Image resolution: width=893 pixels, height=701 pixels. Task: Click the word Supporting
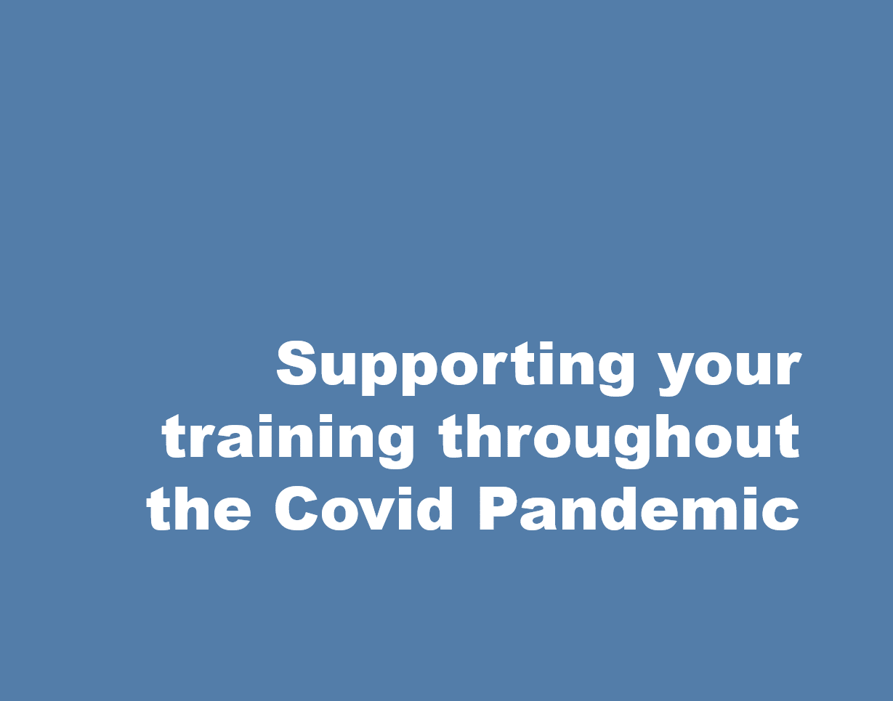click(x=456, y=368)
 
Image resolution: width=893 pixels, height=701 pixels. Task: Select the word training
click(x=287, y=441)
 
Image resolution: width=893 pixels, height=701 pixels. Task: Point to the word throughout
click(x=619, y=441)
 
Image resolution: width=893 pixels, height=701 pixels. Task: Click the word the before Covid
click(x=198, y=508)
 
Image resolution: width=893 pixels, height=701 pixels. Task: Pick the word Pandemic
click(x=639, y=508)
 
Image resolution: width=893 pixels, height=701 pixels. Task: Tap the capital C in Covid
click(x=296, y=508)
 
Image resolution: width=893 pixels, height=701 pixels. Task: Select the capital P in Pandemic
click(x=499, y=508)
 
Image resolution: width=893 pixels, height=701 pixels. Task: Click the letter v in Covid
click(x=384, y=514)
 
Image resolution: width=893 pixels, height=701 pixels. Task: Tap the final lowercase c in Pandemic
click(x=783, y=514)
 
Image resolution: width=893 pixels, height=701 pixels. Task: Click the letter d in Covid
click(x=434, y=508)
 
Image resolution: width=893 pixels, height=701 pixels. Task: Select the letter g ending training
click(x=394, y=447)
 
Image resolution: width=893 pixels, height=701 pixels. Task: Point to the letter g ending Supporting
click(x=615, y=374)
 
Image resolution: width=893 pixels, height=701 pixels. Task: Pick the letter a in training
click(x=234, y=441)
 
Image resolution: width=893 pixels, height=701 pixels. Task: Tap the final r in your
click(x=788, y=368)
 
